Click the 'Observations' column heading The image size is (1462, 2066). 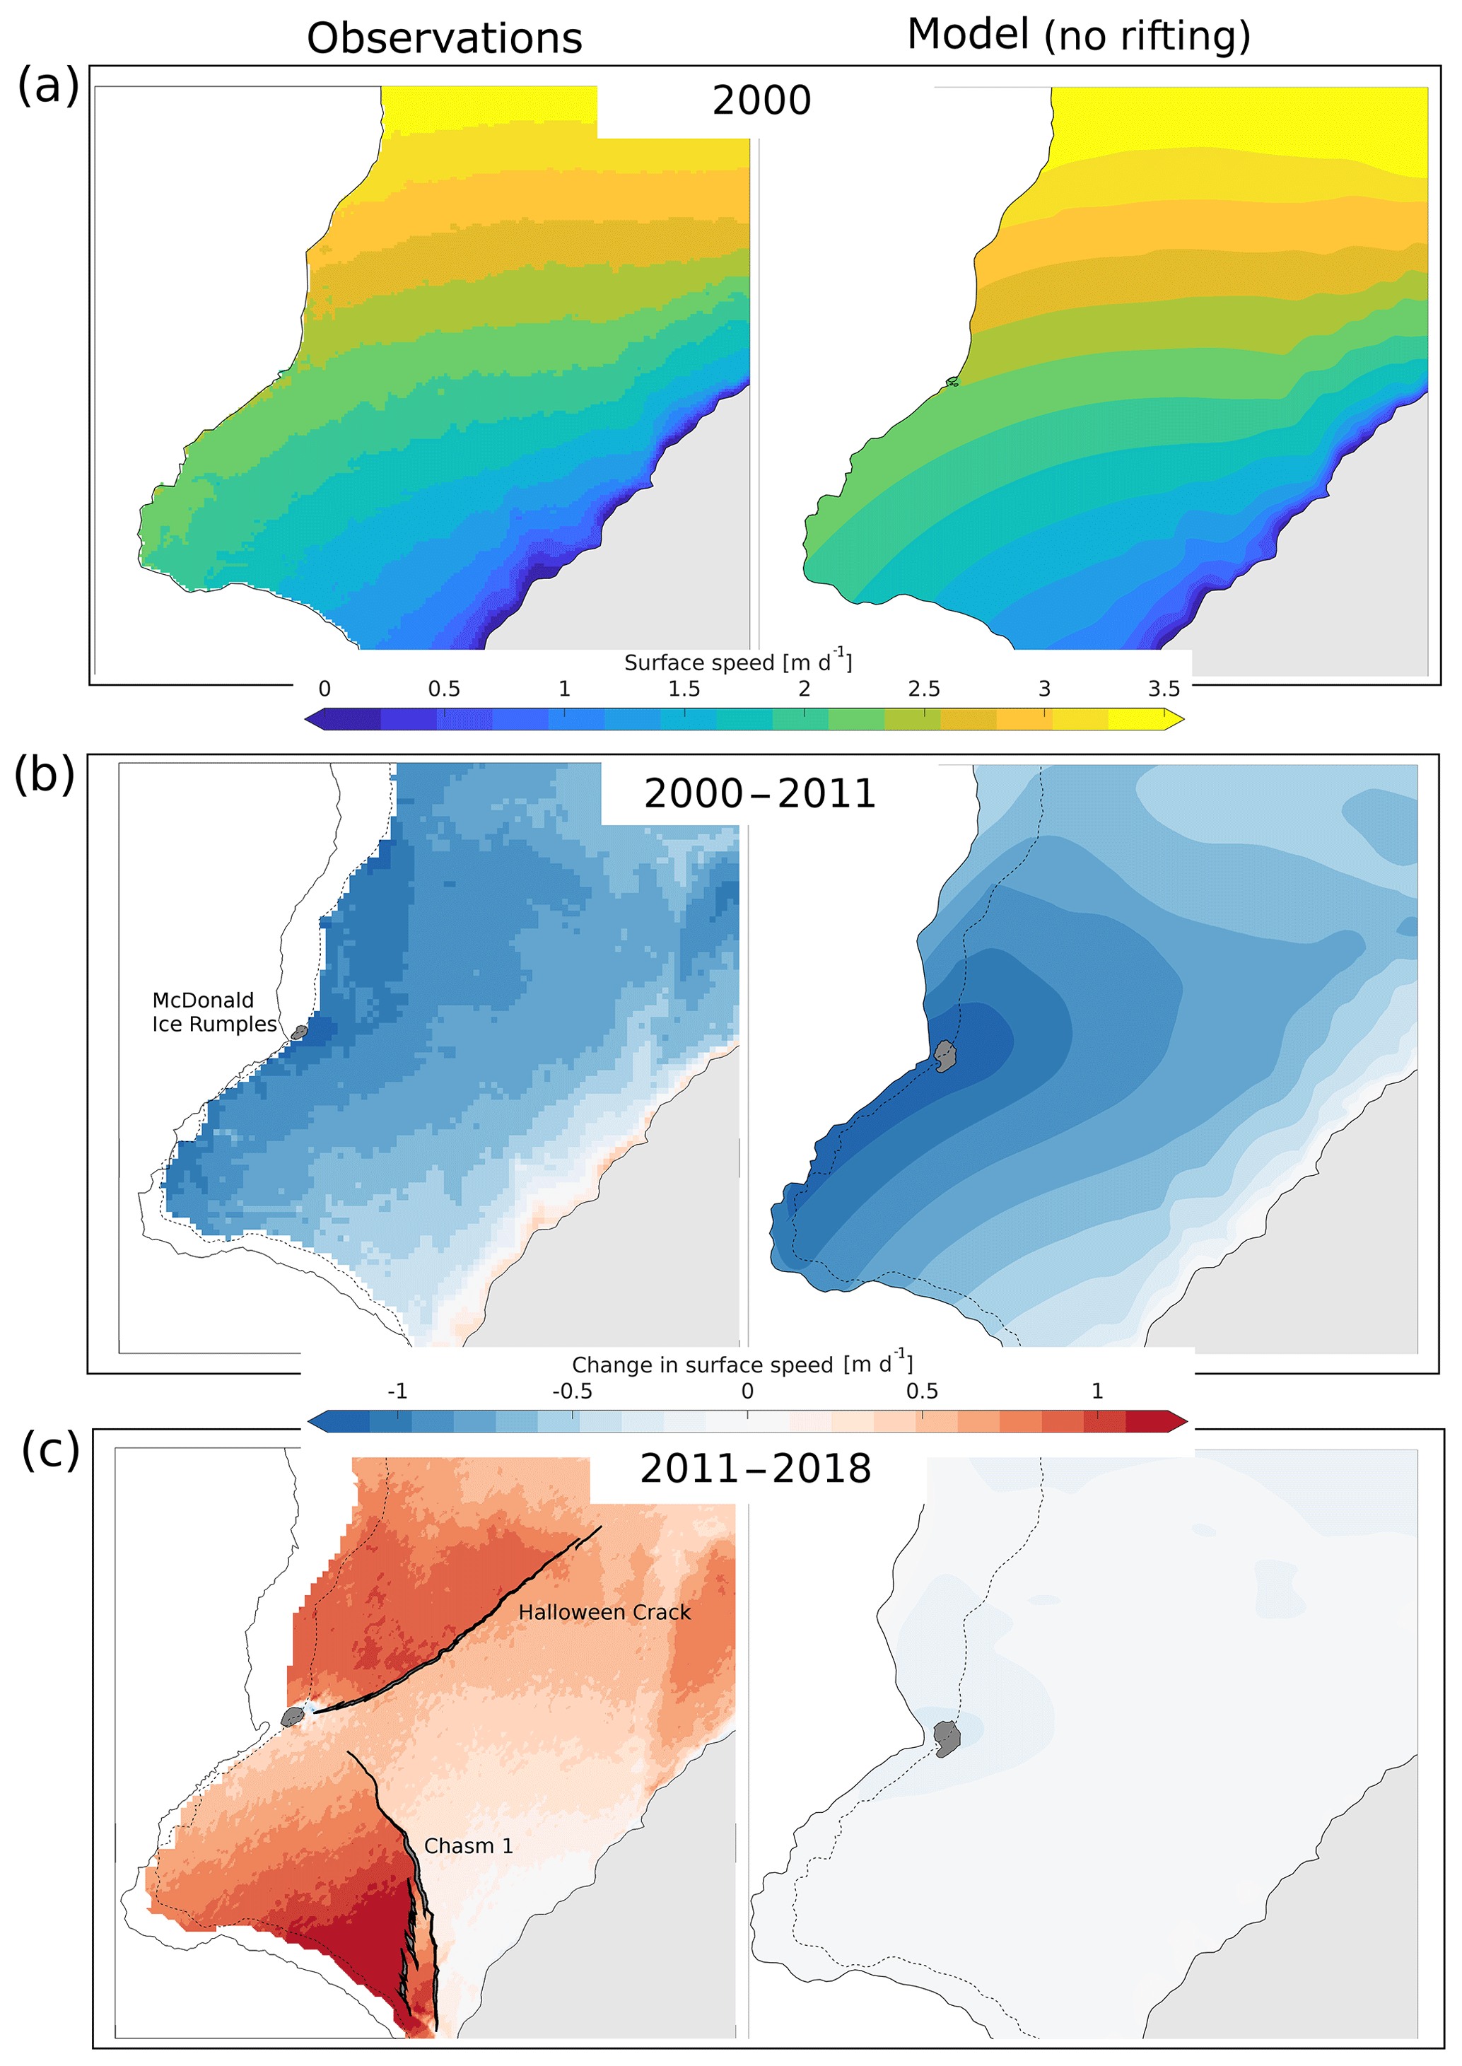[444, 39]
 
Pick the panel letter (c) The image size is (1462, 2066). [50, 1449]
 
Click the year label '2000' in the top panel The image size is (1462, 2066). [761, 101]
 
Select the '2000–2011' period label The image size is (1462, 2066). [760, 794]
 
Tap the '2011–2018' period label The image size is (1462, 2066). [755, 1469]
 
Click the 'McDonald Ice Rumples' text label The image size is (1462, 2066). [214, 1012]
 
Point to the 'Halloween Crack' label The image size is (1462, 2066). [604, 1612]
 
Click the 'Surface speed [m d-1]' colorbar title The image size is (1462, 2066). [737, 662]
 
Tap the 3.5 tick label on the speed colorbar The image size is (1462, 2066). [1163, 689]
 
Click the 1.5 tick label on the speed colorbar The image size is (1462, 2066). [684, 689]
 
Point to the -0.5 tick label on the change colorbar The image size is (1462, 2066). [572, 1391]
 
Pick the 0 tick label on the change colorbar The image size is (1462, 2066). [747, 1391]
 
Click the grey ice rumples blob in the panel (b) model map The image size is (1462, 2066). [945, 1055]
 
